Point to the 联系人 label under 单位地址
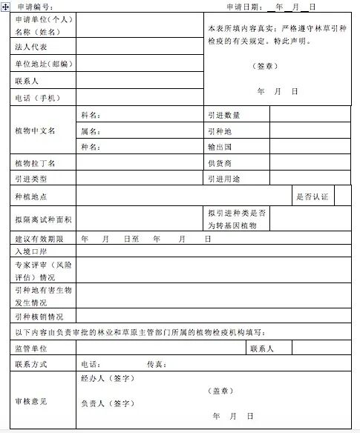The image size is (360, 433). coord(27,80)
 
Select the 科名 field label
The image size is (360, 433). coord(91,116)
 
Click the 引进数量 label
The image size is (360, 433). coord(224,116)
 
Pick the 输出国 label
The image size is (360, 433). coord(220,147)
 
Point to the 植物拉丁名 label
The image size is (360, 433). coord(35,163)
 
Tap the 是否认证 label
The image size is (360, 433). coord(312,196)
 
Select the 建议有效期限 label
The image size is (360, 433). coord(39,239)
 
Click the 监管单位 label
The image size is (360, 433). coord(31,348)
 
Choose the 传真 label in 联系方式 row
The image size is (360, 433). coord(156,365)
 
